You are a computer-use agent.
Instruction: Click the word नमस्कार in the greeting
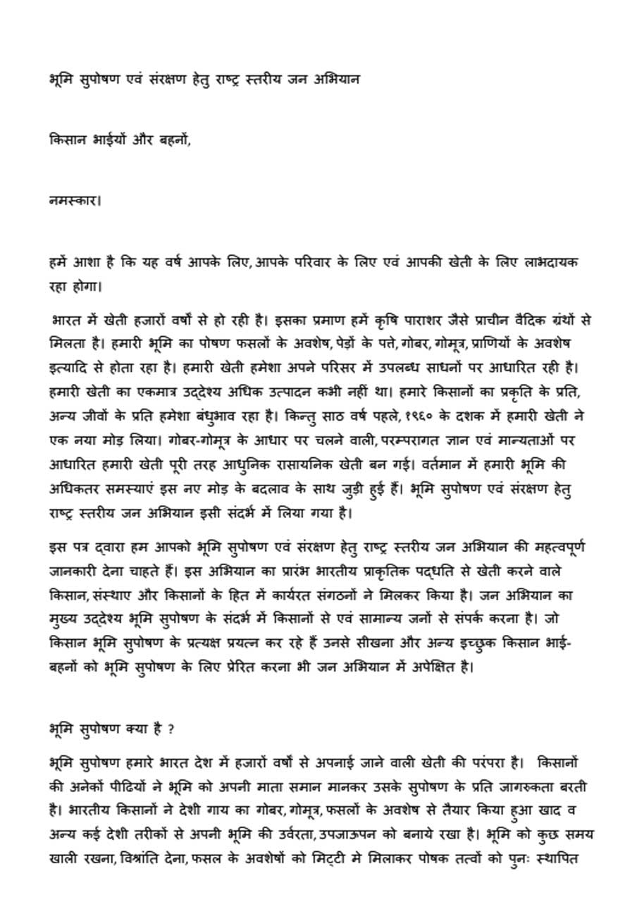click(x=73, y=199)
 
